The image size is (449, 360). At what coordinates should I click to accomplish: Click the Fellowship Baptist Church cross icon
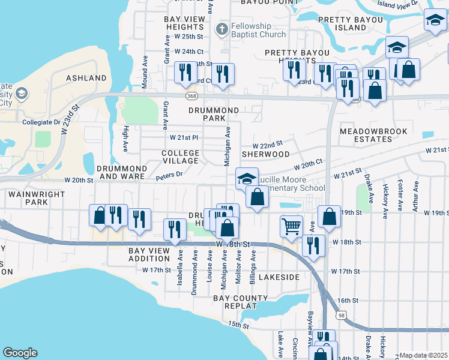[x=221, y=28]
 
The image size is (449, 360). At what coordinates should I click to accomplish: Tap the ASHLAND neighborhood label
[x=82, y=78]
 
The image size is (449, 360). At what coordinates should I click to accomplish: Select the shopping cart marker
[x=291, y=226]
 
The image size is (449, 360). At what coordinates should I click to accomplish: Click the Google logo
[x=20, y=353]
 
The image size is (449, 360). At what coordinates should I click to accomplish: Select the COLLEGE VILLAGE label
[x=180, y=157]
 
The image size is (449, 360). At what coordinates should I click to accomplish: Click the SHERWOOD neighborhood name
[x=265, y=154]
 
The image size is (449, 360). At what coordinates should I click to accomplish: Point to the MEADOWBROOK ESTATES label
[x=373, y=135]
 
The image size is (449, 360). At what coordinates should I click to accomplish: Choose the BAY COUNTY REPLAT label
[x=243, y=302]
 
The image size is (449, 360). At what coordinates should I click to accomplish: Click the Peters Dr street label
[x=169, y=175]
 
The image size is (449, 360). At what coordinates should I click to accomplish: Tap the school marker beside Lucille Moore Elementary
[x=246, y=179]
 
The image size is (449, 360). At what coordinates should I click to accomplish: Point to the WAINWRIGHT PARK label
[x=28, y=199]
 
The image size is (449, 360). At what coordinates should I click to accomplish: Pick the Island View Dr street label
[x=397, y=4]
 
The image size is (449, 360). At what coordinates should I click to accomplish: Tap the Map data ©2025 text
[x=423, y=355]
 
